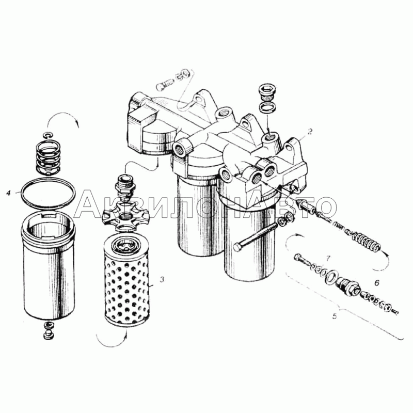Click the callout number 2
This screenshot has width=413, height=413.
(x=310, y=131)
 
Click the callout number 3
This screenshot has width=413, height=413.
(x=162, y=279)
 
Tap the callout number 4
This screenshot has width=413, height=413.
(x=9, y=193)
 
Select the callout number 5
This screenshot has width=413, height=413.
(x=335, y=316)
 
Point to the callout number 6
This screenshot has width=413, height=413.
(x=377, y=283)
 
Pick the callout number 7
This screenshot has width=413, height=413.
(x=328, y=259)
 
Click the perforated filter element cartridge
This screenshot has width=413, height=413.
(x=125, y=280)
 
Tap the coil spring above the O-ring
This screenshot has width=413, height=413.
(x=48, y=158)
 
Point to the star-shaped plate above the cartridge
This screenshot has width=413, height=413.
(x=124, y=216)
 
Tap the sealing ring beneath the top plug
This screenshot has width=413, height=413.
(x=268, y=108)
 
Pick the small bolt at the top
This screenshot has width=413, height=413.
(x=165, y=84)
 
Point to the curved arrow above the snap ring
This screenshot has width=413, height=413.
(x=63, y=116)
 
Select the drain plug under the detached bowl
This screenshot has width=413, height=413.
(x=48, y=330)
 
